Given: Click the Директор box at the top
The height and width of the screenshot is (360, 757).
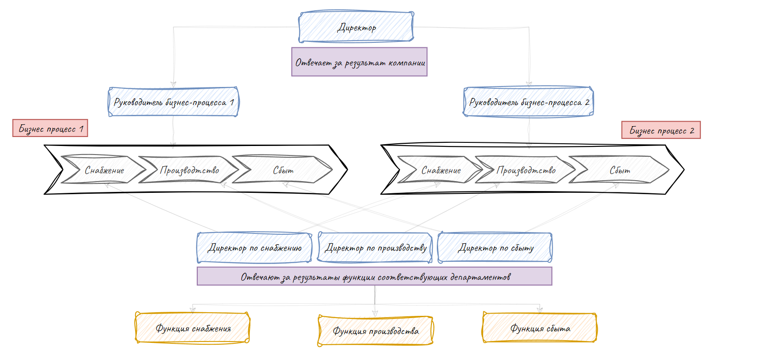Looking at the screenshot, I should pyautogui.click(x=356, y=27).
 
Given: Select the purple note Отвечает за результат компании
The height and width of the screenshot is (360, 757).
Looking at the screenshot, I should pyautogui.click(x=359, y=62).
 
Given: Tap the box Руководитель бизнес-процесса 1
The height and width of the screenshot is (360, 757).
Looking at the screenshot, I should pyautogui.click(x=173, y=102).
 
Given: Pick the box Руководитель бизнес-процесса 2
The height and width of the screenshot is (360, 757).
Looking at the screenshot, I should pyautogui.click(x=528, y=102).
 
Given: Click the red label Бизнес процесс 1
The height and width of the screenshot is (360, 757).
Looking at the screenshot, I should pyautogui.click(x=50, y=128).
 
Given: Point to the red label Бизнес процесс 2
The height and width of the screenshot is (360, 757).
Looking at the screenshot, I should pyautogui.click(x=661, y=130).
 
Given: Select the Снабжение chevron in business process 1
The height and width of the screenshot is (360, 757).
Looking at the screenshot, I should pyautogui.click(x=104, y=170).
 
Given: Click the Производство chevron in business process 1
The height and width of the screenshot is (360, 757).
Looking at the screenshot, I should pyautogui.click(x=189, y=170).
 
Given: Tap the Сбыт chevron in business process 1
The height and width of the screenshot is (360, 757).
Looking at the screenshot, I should pyautogui.click(x=283, y=170).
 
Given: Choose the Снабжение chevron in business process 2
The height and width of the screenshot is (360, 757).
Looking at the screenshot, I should pyautogui.click(x=441, y=170).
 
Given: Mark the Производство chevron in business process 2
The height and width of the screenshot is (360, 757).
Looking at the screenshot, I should pyautogui.click(x=526, y=170).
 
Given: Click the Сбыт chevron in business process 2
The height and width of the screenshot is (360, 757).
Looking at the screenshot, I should pyautogui.click(x=620, y=170).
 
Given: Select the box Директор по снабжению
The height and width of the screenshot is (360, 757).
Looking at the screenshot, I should pyautogui.click(x=254, y=248).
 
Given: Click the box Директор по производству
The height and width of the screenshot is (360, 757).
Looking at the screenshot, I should pyautogui.click(x=375, y=247).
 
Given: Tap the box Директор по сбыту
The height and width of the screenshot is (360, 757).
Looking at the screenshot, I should pyautogui.click(x=495, y=247).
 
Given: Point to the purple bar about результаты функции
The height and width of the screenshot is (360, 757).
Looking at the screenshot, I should pyautogui.click(x=374, y=277).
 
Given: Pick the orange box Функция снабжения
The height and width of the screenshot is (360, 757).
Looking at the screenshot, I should pyautogui.click(x=193, y=328).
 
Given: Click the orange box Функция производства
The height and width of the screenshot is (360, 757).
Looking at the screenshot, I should pyautogui.click(x=375, y=331).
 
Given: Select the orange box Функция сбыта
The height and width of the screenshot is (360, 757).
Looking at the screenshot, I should pyautogui.click(x=539, y=328).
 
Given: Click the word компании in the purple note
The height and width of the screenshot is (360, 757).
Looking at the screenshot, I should pyautogui.click(x=406, y=62).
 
